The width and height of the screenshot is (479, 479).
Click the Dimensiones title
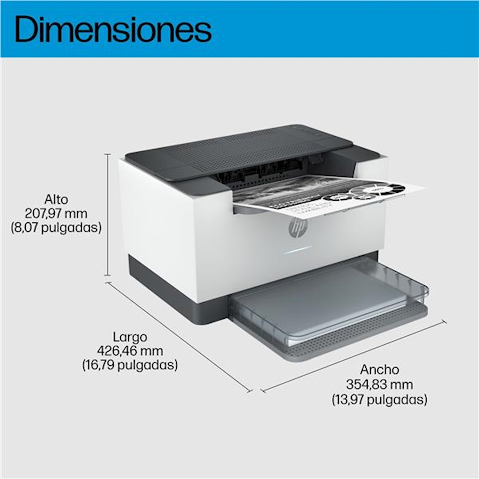point(113,29)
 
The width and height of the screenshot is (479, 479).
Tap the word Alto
point(56,199)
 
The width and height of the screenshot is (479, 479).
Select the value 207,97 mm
point(56,213)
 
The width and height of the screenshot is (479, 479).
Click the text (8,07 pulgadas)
point(56,228)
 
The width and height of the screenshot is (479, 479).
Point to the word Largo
point(130,337)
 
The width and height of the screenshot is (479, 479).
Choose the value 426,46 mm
point(130,351)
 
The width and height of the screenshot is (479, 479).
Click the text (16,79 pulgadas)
point(130,365)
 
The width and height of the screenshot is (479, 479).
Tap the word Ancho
point(379,370)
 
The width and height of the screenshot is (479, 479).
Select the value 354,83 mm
point(379,385)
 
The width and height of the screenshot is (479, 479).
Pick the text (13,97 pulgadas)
point(379,399)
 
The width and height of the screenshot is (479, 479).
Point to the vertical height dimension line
point(108,215)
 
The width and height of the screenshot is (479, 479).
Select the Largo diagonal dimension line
point(179,337)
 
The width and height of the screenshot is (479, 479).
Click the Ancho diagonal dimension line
point(354,356)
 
